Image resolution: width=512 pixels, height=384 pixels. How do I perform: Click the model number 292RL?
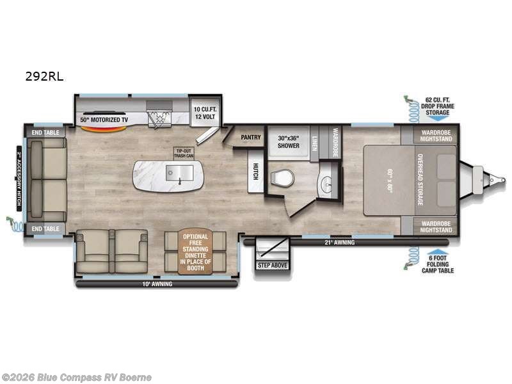point(44,76)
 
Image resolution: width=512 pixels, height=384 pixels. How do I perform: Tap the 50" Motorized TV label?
point(103,120)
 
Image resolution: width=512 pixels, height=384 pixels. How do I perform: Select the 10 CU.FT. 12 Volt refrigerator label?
point(205,113)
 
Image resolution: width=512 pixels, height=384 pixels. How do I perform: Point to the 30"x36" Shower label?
point(289,141)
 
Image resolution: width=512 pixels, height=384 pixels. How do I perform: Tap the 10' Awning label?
point(157,283)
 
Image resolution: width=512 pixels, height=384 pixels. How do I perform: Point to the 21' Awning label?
point(340,243)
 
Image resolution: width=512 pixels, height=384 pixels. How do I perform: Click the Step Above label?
point(273,265)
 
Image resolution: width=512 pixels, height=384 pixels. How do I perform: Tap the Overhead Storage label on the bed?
point(420,180)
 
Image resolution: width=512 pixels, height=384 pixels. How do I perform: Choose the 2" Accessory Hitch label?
point(19,180)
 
